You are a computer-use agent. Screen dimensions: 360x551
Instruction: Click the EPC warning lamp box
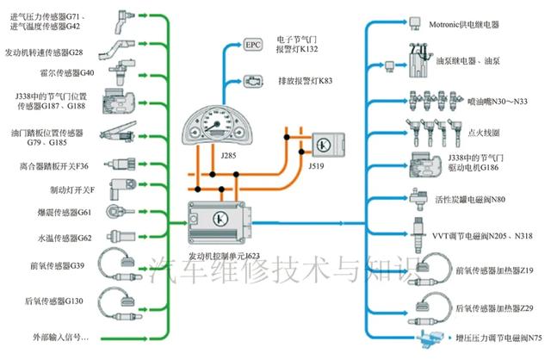pos(252,43)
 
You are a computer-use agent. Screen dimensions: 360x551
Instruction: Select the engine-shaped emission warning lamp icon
pos(253,80)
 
